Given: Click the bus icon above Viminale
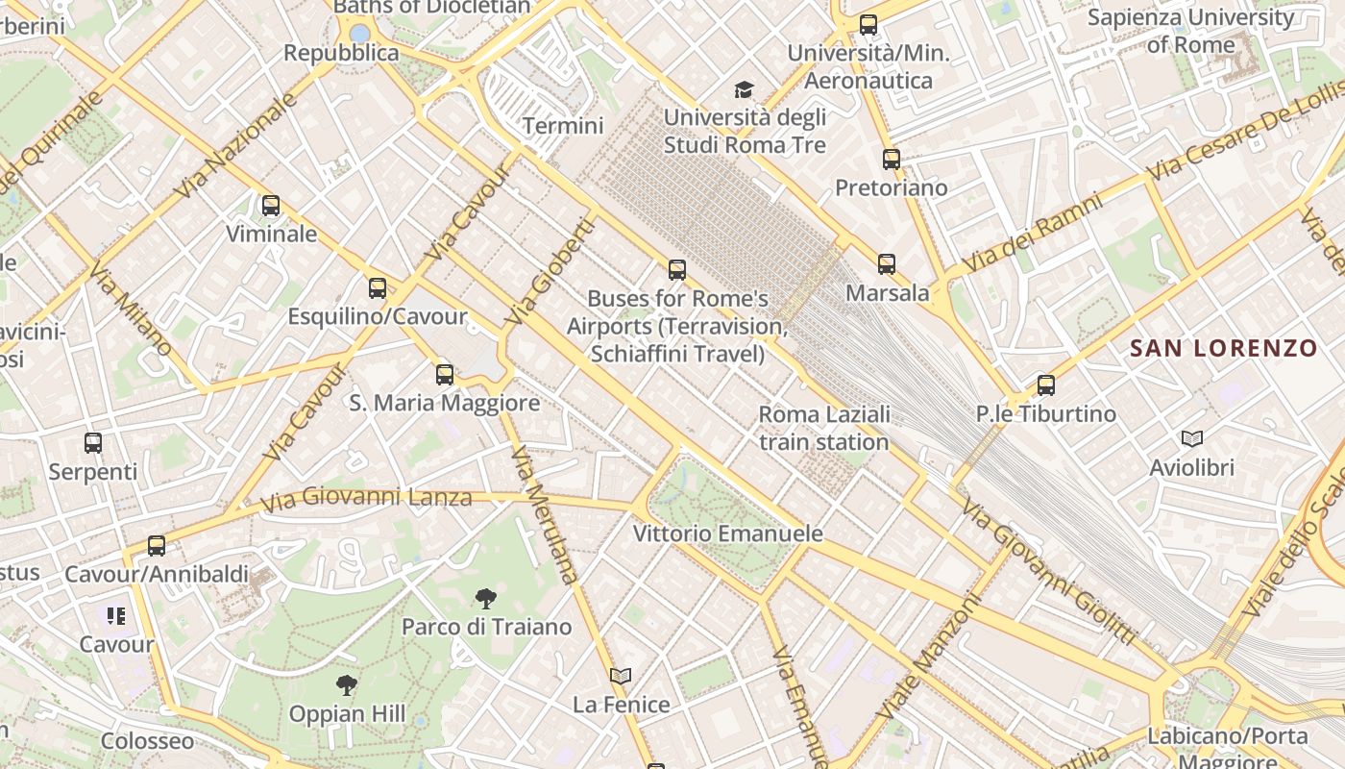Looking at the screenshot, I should (271, 206).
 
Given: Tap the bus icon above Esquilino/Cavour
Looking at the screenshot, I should (378, 288).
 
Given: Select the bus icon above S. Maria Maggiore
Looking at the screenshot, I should (445, 375).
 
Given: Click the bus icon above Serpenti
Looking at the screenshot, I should (93, 443).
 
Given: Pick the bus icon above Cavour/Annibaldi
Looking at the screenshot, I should (157, 546).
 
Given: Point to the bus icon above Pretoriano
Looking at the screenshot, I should (892, 160).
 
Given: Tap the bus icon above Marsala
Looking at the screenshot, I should (887, 264).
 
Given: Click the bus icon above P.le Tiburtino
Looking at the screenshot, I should (1046, 385).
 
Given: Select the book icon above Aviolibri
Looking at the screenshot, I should (1192, 439).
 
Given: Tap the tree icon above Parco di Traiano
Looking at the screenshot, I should (486, 599).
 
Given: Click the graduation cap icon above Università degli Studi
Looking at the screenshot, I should (745, 90).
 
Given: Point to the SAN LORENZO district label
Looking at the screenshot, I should (1223, 349).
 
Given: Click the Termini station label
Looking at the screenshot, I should (563, 126).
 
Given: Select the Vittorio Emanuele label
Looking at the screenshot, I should (727, 533).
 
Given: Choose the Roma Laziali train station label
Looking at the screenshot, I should (823, 428).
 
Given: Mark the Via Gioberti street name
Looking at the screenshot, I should (550, 271).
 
